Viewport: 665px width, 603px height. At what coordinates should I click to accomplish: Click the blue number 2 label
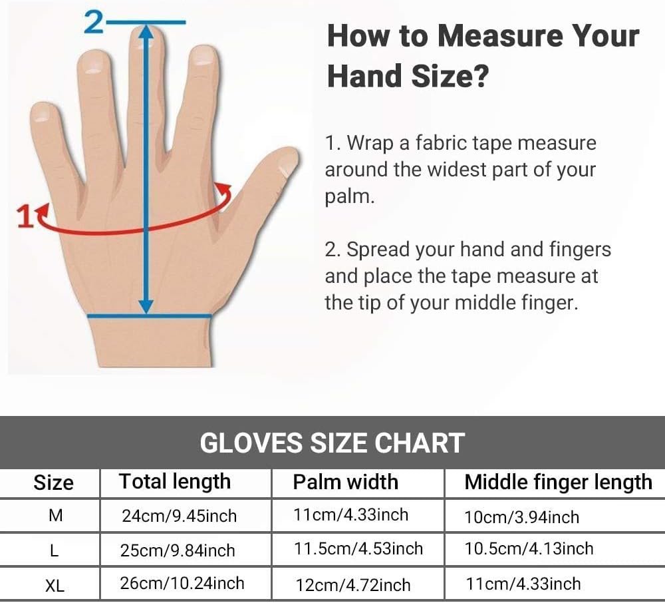94,22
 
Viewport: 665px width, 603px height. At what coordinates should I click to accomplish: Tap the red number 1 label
25,216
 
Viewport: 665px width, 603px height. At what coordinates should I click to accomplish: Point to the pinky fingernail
41,114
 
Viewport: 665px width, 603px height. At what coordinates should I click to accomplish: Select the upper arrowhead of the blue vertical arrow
146,32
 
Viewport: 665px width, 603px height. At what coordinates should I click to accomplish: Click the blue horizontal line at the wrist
149,315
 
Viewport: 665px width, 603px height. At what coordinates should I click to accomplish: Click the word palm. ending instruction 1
350,196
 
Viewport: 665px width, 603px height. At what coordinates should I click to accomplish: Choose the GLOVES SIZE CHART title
332,443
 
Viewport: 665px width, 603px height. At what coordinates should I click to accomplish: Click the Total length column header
175,482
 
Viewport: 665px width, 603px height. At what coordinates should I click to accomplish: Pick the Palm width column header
346,482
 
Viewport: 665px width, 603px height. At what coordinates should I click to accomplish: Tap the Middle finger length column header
558,483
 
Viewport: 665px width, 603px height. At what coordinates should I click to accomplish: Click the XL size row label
55,586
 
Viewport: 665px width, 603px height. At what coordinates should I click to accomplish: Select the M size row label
56,515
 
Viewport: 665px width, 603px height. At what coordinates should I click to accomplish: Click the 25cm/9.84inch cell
178,550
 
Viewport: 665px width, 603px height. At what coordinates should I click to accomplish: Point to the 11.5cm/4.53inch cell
358,548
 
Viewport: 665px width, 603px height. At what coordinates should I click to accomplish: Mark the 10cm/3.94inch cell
521,517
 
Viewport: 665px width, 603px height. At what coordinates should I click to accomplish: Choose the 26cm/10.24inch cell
182,584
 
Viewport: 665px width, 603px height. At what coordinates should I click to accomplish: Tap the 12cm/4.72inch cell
353,585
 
